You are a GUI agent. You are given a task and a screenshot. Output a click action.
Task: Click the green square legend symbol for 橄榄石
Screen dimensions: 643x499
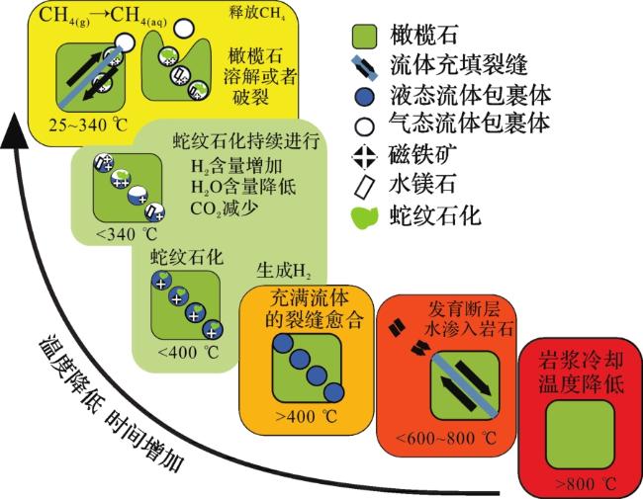pyautogui.click(x=364, y=36)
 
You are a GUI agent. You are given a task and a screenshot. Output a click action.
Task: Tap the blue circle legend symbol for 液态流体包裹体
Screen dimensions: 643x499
pyautogui.click(x=364, y=97)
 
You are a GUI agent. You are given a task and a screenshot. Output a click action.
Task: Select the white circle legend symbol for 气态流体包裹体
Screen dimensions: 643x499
pyautogui.click(x=364, y=125)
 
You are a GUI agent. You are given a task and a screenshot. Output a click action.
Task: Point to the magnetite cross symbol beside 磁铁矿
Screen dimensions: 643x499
pyautogui.click(x=365, y=156)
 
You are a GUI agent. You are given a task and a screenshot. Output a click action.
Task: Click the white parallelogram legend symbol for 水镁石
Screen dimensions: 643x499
pyautogui.click(x=364, y=186)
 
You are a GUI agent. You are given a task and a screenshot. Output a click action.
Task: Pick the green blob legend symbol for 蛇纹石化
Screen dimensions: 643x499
pyautogui.click(x=365, y=217)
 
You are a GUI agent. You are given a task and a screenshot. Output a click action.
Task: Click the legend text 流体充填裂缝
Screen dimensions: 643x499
pyautogui.click(x=458, y=65)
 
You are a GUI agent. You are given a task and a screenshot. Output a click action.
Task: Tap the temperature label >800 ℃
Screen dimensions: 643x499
pyautogui.click(x=586, y=484)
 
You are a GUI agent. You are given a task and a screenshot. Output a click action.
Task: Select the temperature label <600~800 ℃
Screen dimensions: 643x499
pyautogui.click(x=446, y=439)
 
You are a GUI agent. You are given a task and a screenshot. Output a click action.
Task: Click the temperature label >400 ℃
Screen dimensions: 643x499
pyautogui.click(x=307, y=417)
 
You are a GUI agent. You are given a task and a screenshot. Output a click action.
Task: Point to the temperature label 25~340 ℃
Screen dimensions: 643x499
pyautogui.click(x=88, y=125)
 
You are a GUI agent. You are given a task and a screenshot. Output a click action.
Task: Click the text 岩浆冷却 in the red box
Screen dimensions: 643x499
pyautogui.click(x=581, y=361)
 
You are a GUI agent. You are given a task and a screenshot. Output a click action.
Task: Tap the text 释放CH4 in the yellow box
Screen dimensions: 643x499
pyautogui.click(x=257, y=13)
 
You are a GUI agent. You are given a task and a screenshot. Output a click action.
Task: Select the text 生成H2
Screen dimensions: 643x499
pyautogui.click(x=284, y=271)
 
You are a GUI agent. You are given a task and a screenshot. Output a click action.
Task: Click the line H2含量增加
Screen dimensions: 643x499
pyautogui.click(x=236, y=166)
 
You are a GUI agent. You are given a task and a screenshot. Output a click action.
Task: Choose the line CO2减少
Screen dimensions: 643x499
pyautogui.click(x=225, y=208)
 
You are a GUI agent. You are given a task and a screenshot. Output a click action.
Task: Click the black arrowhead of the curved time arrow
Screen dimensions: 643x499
pyautogui.click(x=15, y=130)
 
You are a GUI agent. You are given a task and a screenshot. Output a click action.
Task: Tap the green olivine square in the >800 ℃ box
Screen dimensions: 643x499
pyautogui.click(x=581, y=434)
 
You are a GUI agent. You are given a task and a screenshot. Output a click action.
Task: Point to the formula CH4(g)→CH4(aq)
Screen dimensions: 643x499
pyautogui.click(x=103, y=17)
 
